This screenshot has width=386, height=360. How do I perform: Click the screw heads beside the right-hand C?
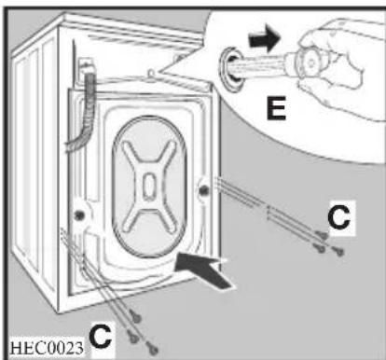tap(324, 242)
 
